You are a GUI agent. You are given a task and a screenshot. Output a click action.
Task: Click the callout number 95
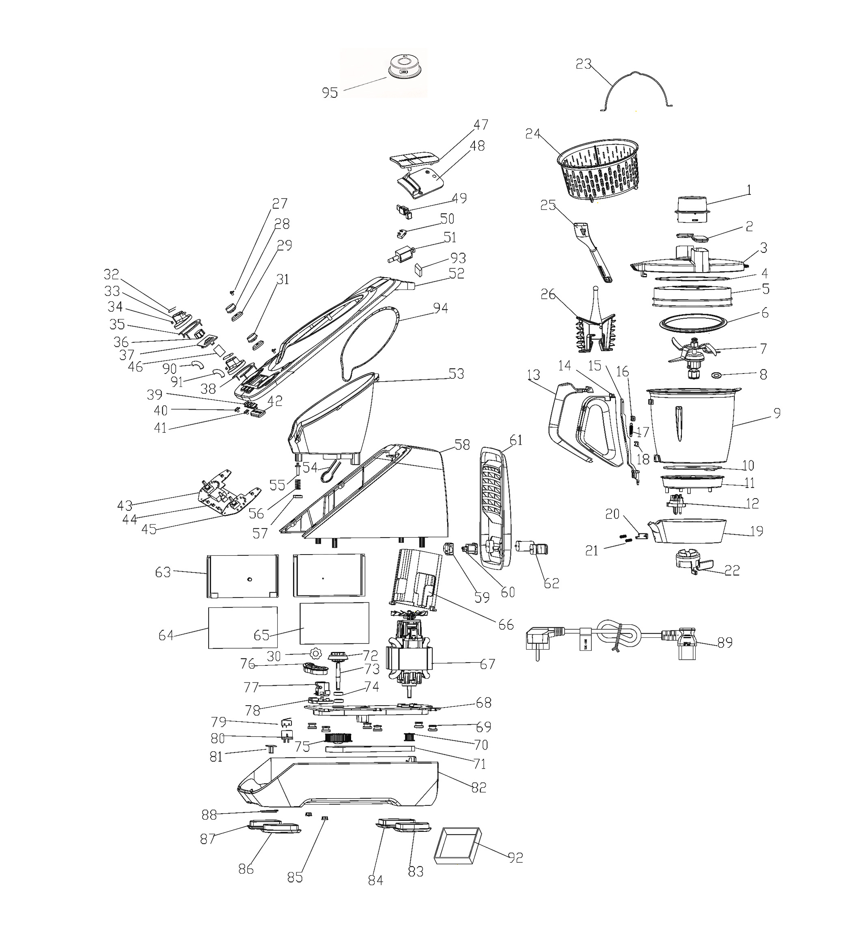point(330,93)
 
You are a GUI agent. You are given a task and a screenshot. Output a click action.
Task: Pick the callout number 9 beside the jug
point(776,413)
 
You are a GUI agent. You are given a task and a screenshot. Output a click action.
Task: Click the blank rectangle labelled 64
point(243,627)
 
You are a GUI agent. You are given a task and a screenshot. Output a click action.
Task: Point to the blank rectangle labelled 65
point(334,623)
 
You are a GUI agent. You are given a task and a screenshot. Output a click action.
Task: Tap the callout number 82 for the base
point(478,787)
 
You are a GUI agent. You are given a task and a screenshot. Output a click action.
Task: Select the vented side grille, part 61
point(496,506)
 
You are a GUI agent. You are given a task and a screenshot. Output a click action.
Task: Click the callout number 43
point(125,505)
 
